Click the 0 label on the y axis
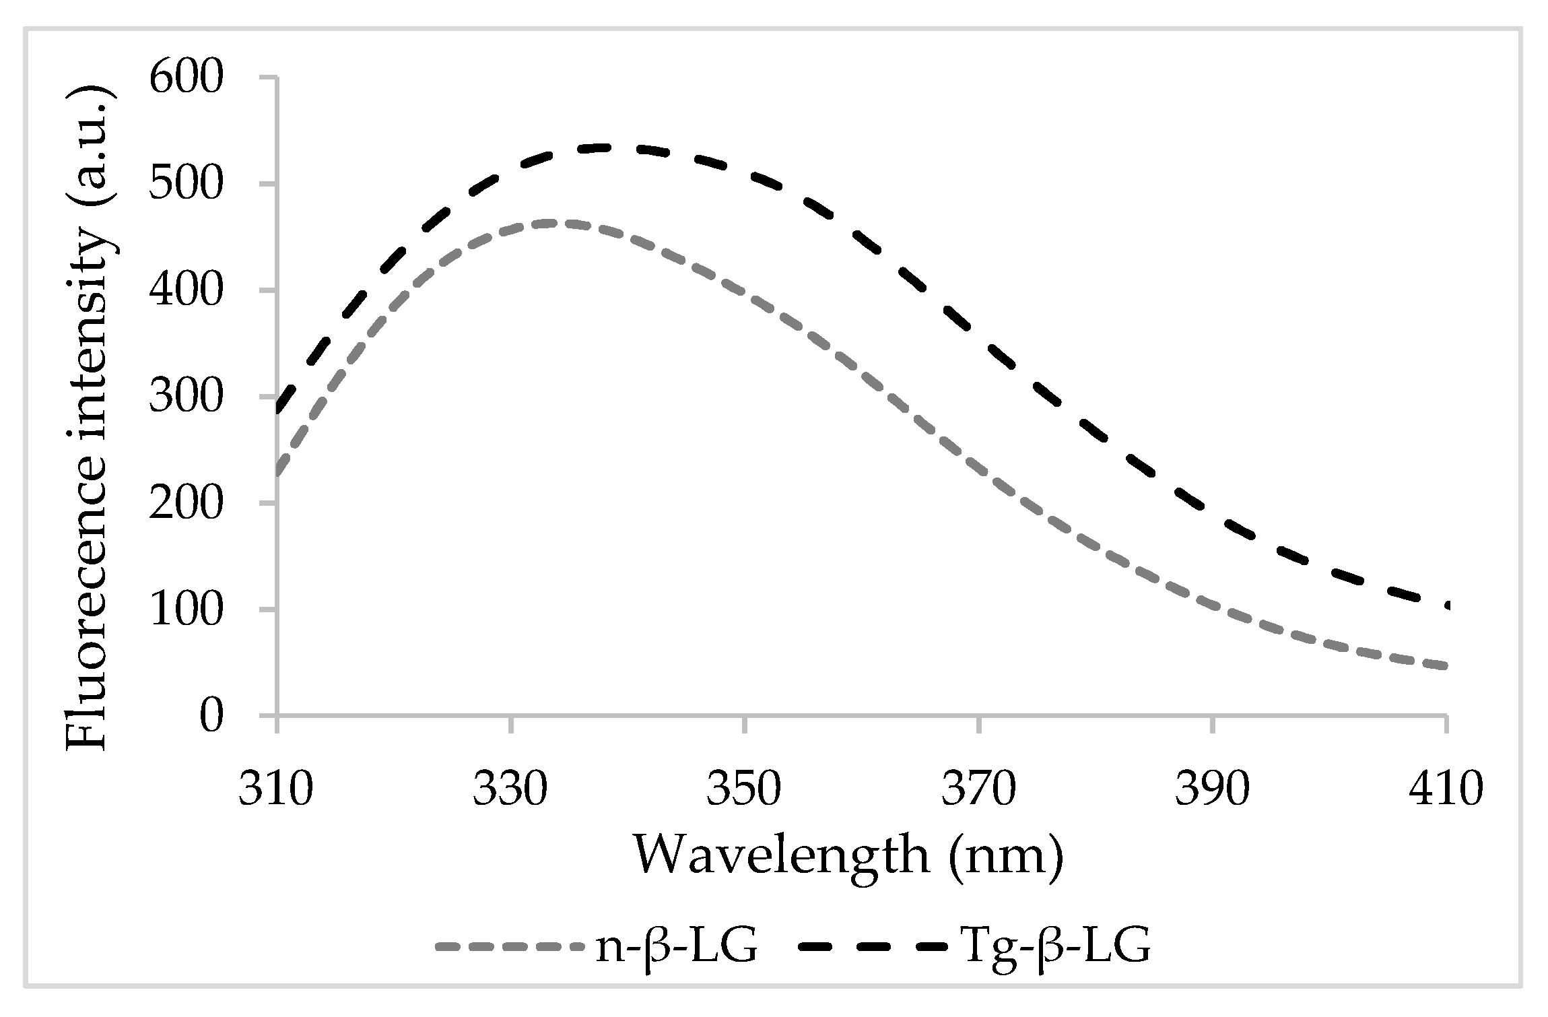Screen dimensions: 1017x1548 (x=211, y=716)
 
